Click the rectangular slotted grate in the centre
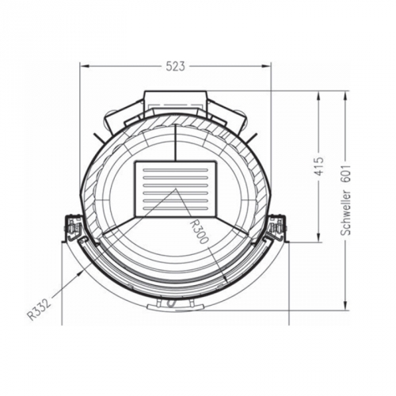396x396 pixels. [176, 188]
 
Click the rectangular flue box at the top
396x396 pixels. [176, 101]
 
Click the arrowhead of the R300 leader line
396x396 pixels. [226, 281]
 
